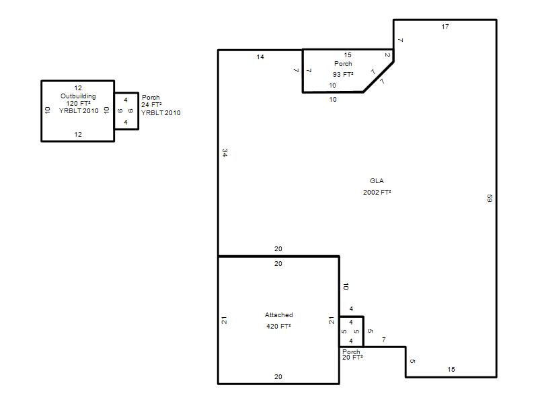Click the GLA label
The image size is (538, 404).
[x=377, y=181]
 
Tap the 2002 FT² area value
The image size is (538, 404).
[x=377, y=193]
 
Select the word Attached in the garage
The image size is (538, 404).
[x=278, y=315]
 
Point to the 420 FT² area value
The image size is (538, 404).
[x=278, y=327]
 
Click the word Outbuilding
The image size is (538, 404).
[x=78, y=96]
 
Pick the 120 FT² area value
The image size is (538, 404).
[x=78, y=104]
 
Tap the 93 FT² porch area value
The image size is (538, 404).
[x=343, y=74]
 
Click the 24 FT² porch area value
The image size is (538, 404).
[x=151, y=105]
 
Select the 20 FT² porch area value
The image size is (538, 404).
[x=352, y=358]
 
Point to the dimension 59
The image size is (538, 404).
[x=490, y=198]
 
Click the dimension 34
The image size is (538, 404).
[x=225, y=153]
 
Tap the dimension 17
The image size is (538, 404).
[x=445, y=27]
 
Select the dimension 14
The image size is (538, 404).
[x=260, y=57]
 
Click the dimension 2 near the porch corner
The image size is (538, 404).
[x=387, y=55]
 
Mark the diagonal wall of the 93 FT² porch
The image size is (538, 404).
[x=379, y=77]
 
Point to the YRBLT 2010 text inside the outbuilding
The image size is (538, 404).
[x=79, y=111]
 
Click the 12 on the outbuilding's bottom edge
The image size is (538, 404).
[x=78, y=135]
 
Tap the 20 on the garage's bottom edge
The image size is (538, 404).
[x=278, y=377]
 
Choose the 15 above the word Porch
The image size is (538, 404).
[x=348, y=55]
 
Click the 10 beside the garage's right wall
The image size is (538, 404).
[x=346, y=286]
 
